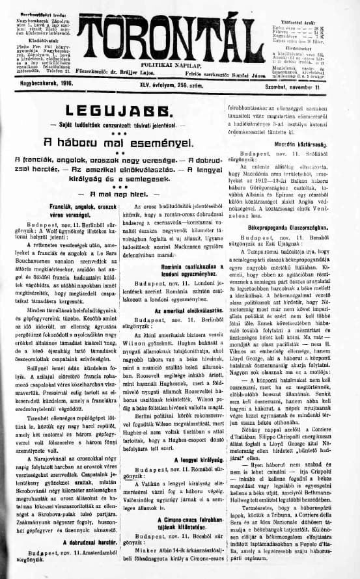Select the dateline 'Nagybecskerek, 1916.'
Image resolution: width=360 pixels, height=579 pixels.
coord(44,84)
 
